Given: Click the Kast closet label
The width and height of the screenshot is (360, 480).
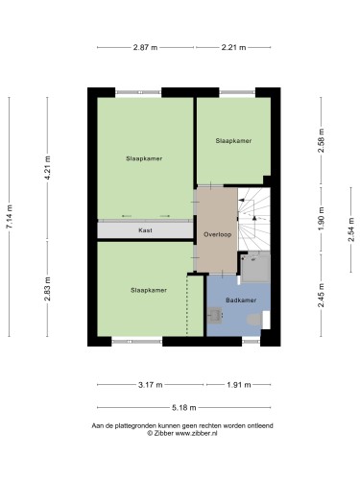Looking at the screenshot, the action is pyautogui.click(x=145, y=230).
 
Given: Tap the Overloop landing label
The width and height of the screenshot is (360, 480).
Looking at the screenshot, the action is pyautogui.click(x=218, y=234).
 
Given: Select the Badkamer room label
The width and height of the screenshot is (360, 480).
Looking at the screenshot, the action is pyautogui.click(x=241, y=300).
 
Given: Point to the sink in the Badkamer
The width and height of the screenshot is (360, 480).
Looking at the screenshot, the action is pyautogui.click(x=214, y=315).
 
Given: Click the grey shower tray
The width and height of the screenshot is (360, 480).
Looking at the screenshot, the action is pyautogui.click(x=255, y=267).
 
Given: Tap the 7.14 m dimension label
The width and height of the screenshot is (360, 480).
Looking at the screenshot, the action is pyautogui.click(x=10, y=217).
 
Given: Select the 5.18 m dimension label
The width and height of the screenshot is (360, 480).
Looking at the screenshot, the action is pyautogui.click(x=184, y=408).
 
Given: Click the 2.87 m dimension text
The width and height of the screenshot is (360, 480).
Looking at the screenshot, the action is pyautogui.click(x=145, y=47).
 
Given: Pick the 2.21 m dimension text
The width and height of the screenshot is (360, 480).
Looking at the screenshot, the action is pyautogui.click(x=233, y=47).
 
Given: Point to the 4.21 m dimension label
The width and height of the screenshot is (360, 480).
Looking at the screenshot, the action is pyautogui.click(x=48, y=168).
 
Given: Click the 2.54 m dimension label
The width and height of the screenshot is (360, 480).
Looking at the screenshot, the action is pyautogui.click(x=351, y=229).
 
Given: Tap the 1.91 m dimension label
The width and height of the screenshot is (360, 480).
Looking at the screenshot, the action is pyautogui.click(x=239, y=385).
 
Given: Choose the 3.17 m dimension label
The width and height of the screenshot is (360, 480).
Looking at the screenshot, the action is pyautogui.click(x=151, y=385).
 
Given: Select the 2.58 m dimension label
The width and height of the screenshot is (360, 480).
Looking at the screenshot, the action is pyautogui.click(x=322, y=140).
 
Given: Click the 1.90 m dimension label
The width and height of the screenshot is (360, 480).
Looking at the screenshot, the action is pyautogui.click(x=322, y=219).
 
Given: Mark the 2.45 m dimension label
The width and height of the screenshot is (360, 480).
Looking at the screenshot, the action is pyautogui.click(x=322, y=295).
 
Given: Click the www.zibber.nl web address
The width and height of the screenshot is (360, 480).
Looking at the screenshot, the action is pyautogui.click(x=196, y=433).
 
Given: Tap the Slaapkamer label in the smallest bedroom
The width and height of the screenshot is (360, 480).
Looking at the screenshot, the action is pyautogui.click(x=233, y=141).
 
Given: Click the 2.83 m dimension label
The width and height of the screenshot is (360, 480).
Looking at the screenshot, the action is pyautogui.click(x=48, y=289).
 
